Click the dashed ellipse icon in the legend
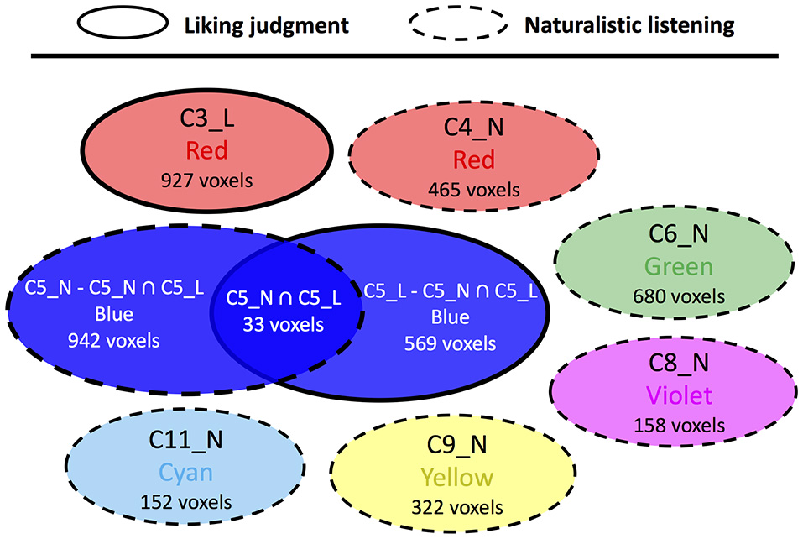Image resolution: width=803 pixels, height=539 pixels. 457,24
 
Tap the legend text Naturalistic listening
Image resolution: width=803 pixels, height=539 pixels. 629,25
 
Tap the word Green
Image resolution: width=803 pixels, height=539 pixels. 678,268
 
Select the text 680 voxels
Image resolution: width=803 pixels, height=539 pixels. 678,296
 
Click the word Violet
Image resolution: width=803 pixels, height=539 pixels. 679,395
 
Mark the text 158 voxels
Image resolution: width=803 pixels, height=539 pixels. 679,425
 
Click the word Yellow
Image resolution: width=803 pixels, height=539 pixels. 457,478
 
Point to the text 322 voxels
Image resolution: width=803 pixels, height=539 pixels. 457,507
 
